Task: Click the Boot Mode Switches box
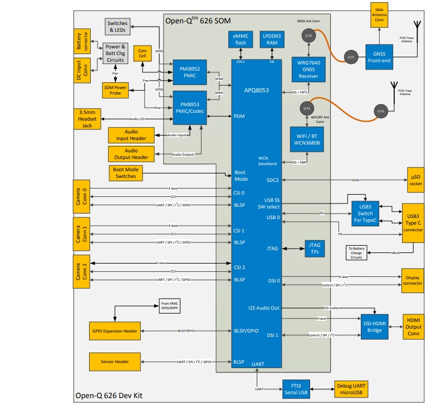(x=125, y=173)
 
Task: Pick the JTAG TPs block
(x=314, y=248)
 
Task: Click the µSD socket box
(x=414, y=180)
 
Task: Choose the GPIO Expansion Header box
(x=115, y=331)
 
